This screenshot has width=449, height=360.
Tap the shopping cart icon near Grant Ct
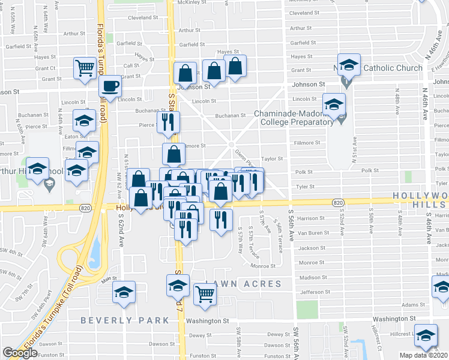pyautogui.click(x=85, y=67)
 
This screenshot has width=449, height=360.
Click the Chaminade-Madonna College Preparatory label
pyautogui.click(x=294, y=118)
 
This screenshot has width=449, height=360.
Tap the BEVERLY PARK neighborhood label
pyautogui.click(x=125, y=320)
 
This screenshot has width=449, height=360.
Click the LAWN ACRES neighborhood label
pyautogui.click(x=244, y=283)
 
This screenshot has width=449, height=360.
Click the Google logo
pyautogui.click(x=20, y=353)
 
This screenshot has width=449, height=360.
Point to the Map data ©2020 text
pyautogui.click(x=424, y=355)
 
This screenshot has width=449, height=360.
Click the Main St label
pyautogui.click(x=109, y=279)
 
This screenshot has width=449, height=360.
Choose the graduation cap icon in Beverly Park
pyautogui.click(x=124, y=292)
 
